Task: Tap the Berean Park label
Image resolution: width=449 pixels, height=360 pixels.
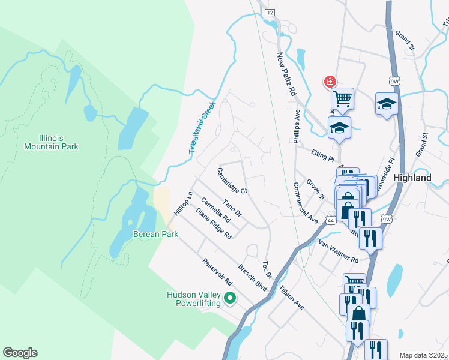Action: pos(155,234)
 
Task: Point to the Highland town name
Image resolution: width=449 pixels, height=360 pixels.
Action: pos(412,178)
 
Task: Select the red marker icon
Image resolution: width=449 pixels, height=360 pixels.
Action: pos(330,82)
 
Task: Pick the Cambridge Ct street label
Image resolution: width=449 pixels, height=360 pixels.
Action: pos(232,181)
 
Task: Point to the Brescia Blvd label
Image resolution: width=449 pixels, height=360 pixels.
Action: pos(252,277)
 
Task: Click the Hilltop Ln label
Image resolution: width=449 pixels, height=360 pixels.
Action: pos(182,204)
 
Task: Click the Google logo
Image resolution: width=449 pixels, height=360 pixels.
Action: pos(20,353)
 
